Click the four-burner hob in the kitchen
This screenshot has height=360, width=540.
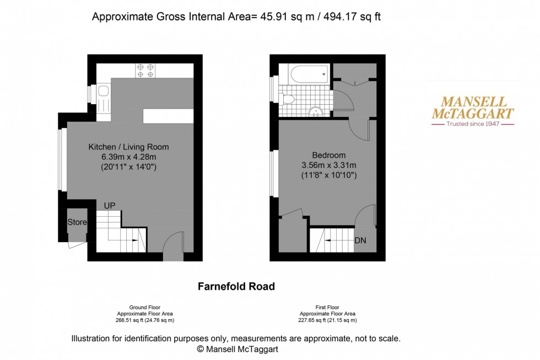pyautogui.click(x=146, y=69)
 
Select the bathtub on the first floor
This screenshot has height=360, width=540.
pyautogui.click(x=304, y=73)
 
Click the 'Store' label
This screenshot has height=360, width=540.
pyautogui.click(x=77, y=222)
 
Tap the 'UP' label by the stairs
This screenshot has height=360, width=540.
pyautogui.click(x=110, y=206)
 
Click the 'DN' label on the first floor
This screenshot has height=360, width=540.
pyautogui.click(x=360, y=241)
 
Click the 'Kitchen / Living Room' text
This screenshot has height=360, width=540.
pyautogui.click(x=128, y=147)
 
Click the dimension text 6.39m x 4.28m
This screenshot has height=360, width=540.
pyautogui.click(x=128, y=157)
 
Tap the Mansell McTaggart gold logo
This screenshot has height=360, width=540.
pyautogui.click(x=472, y=108)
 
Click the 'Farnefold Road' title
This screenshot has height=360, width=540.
pyautogui.click(x=236, y=287)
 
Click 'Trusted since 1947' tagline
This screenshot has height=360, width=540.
pyautogui.click(x=472, y=124)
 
